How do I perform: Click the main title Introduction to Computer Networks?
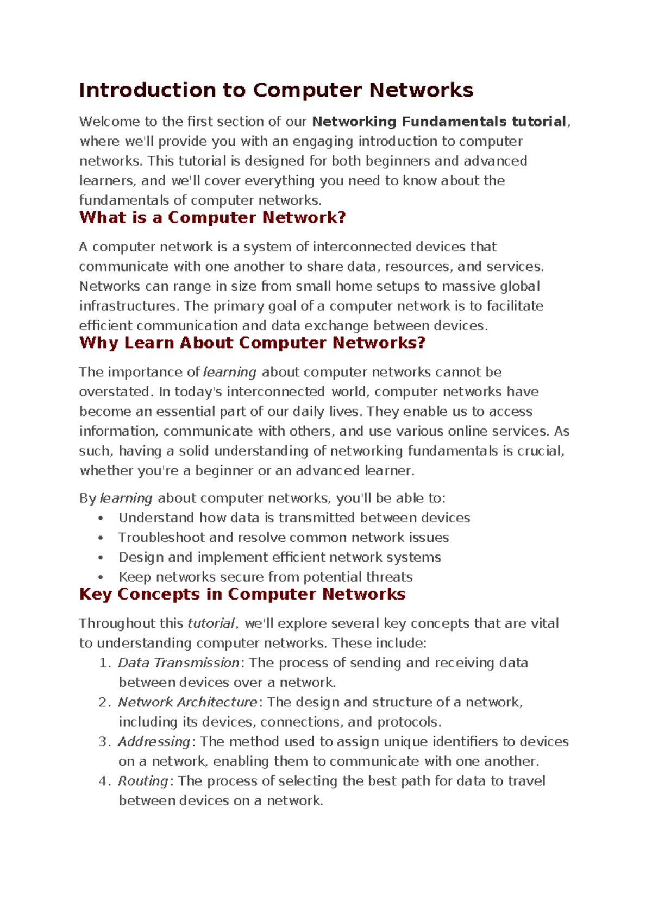[276, 90]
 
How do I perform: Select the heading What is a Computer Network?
[212, 218]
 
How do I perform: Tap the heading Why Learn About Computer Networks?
[252, 343]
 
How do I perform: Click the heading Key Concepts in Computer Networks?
[242, 594]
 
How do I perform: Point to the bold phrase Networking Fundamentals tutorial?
[440, 122]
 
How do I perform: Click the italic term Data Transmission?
[179, 663]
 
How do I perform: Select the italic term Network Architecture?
[187, 702]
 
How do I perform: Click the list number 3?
[104, 742]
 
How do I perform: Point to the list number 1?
[104, 663]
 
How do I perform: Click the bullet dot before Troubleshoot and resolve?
[101, 538]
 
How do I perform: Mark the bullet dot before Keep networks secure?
[101, 577]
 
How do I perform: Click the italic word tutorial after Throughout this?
[211, 623]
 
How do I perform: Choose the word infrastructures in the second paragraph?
[128, 306]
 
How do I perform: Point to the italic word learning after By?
[126, 499]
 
